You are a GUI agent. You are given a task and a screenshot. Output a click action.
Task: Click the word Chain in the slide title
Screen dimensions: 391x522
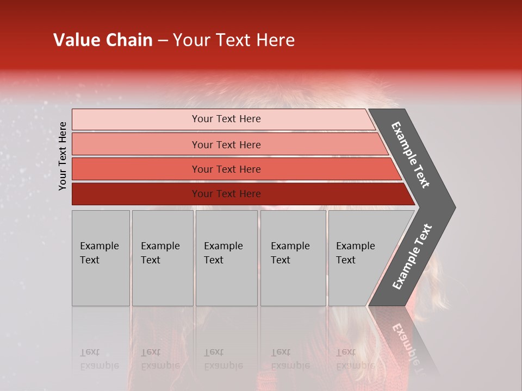129,40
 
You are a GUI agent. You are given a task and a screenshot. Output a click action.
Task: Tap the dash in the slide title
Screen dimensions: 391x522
163,41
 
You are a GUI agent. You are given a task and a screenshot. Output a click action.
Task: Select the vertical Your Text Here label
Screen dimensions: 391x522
63,156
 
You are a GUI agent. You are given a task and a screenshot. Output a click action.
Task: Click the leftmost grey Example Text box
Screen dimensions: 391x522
101,258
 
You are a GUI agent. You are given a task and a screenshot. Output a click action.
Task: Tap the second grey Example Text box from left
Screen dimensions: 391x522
163,258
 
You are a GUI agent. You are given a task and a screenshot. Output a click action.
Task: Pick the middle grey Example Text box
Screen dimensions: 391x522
226,258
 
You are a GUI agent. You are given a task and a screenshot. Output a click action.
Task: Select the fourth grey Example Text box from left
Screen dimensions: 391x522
293,258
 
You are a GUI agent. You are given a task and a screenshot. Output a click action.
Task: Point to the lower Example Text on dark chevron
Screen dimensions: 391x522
412,257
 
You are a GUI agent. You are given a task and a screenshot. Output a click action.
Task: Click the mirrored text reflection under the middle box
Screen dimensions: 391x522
223,359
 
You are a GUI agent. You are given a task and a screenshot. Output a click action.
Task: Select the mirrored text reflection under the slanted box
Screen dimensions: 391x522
355,359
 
